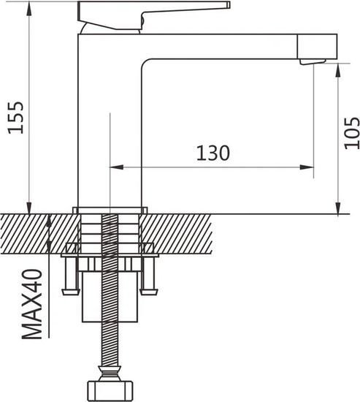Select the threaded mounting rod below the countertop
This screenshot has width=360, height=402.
(x=110, y=344)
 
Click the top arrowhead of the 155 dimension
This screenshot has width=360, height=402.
(x=31, y=7)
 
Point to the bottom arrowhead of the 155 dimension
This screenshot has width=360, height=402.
(x=31, y=208)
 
